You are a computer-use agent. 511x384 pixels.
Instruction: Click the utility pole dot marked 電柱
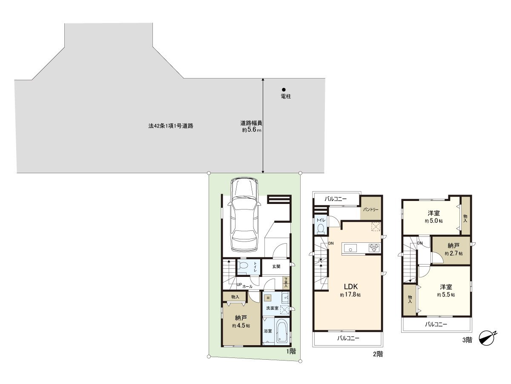click(284, 90)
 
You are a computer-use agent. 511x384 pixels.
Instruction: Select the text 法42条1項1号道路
click(171, 126)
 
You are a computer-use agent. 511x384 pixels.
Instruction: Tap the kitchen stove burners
click(374, 247)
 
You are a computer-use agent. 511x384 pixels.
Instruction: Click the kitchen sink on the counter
click(352, 247)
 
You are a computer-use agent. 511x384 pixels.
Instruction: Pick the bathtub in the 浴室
click(281, 332)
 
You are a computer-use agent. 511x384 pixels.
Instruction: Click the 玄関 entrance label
click(276, 267)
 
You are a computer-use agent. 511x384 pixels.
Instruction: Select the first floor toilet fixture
click(243, 266)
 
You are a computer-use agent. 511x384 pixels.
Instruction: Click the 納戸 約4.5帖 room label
click(241, 321)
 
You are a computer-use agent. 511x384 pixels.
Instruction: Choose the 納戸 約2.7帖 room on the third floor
click(453, 249)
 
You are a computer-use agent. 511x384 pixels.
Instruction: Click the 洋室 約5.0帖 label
click(433, 217)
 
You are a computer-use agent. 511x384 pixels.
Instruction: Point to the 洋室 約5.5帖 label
click(445, 290)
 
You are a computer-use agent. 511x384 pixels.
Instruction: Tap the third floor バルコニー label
click(436, 324)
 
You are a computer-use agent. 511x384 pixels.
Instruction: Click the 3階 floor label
click(467, 340)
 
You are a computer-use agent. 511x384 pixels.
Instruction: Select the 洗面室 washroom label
click(272, 308)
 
